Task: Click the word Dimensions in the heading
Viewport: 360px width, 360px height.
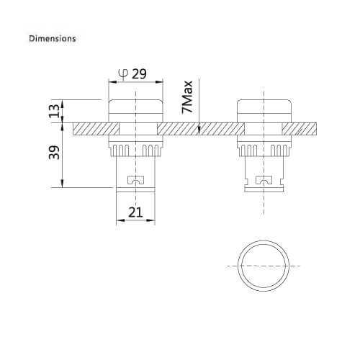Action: (x=52, y=37)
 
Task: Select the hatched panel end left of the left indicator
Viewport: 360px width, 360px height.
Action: (x=90, y=129)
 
